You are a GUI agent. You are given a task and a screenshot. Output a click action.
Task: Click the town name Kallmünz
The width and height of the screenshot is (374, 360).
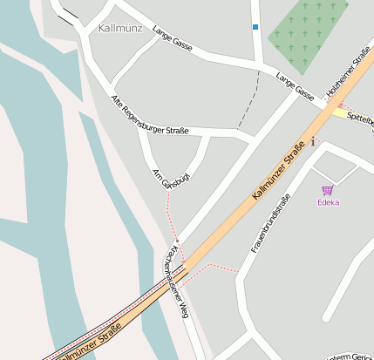click(x=120, y=28)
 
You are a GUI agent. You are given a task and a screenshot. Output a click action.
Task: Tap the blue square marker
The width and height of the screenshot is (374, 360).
click(x=255, y=27)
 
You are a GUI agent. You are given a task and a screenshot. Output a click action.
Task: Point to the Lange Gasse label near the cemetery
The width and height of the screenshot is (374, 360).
click(x=295, y=85)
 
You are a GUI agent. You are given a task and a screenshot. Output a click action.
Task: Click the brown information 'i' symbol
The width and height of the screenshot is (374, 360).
click(x=312, y=142)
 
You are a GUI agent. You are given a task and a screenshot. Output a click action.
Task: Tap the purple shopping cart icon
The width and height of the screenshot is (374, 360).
click(x=327, y=190)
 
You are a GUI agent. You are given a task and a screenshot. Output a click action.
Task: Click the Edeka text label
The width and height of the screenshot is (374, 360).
click(x=328, y=202)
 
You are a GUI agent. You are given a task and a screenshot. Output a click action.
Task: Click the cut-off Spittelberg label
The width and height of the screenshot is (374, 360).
click(x=359, y=117)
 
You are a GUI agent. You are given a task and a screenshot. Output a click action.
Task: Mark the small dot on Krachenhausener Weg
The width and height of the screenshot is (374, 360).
click(x=177, y=241)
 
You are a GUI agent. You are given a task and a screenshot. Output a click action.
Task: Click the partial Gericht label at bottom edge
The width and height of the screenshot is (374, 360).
click(x=349, y=356)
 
